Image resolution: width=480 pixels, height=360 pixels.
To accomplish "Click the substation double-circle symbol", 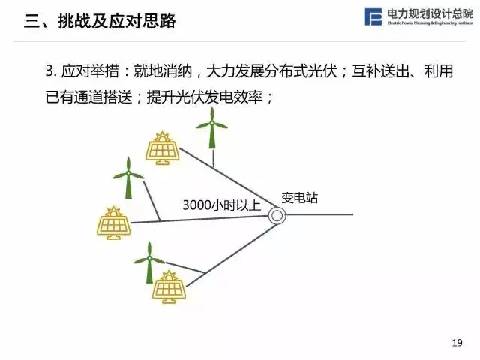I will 277,215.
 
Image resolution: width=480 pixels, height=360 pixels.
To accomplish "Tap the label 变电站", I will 299,198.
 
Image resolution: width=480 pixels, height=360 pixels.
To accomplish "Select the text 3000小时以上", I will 220,205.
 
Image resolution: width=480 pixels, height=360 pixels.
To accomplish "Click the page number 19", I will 457,343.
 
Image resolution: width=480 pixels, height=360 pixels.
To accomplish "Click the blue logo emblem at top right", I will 373,17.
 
